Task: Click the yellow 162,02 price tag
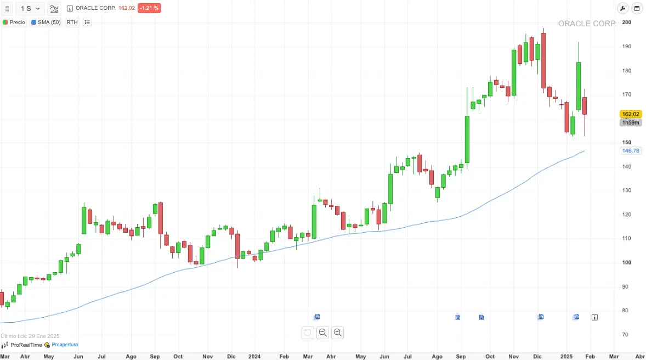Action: [631, 114]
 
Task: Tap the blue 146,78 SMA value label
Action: [631, 150]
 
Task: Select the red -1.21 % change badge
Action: [149, 8]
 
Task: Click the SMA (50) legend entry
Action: [47, 22]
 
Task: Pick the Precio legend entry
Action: [14, 22]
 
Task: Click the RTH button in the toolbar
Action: [72, 22]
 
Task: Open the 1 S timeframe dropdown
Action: [30, 8]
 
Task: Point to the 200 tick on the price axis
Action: [626, 22]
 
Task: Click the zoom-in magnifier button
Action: [338, 332]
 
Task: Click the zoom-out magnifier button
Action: [322, 332]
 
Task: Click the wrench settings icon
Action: [622, 8]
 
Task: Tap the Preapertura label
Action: [65, 345]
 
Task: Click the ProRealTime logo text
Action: [26, 345]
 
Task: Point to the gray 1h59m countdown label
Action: [630, 122]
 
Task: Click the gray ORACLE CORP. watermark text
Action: [587, 24]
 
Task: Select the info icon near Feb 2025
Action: [595, 317]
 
